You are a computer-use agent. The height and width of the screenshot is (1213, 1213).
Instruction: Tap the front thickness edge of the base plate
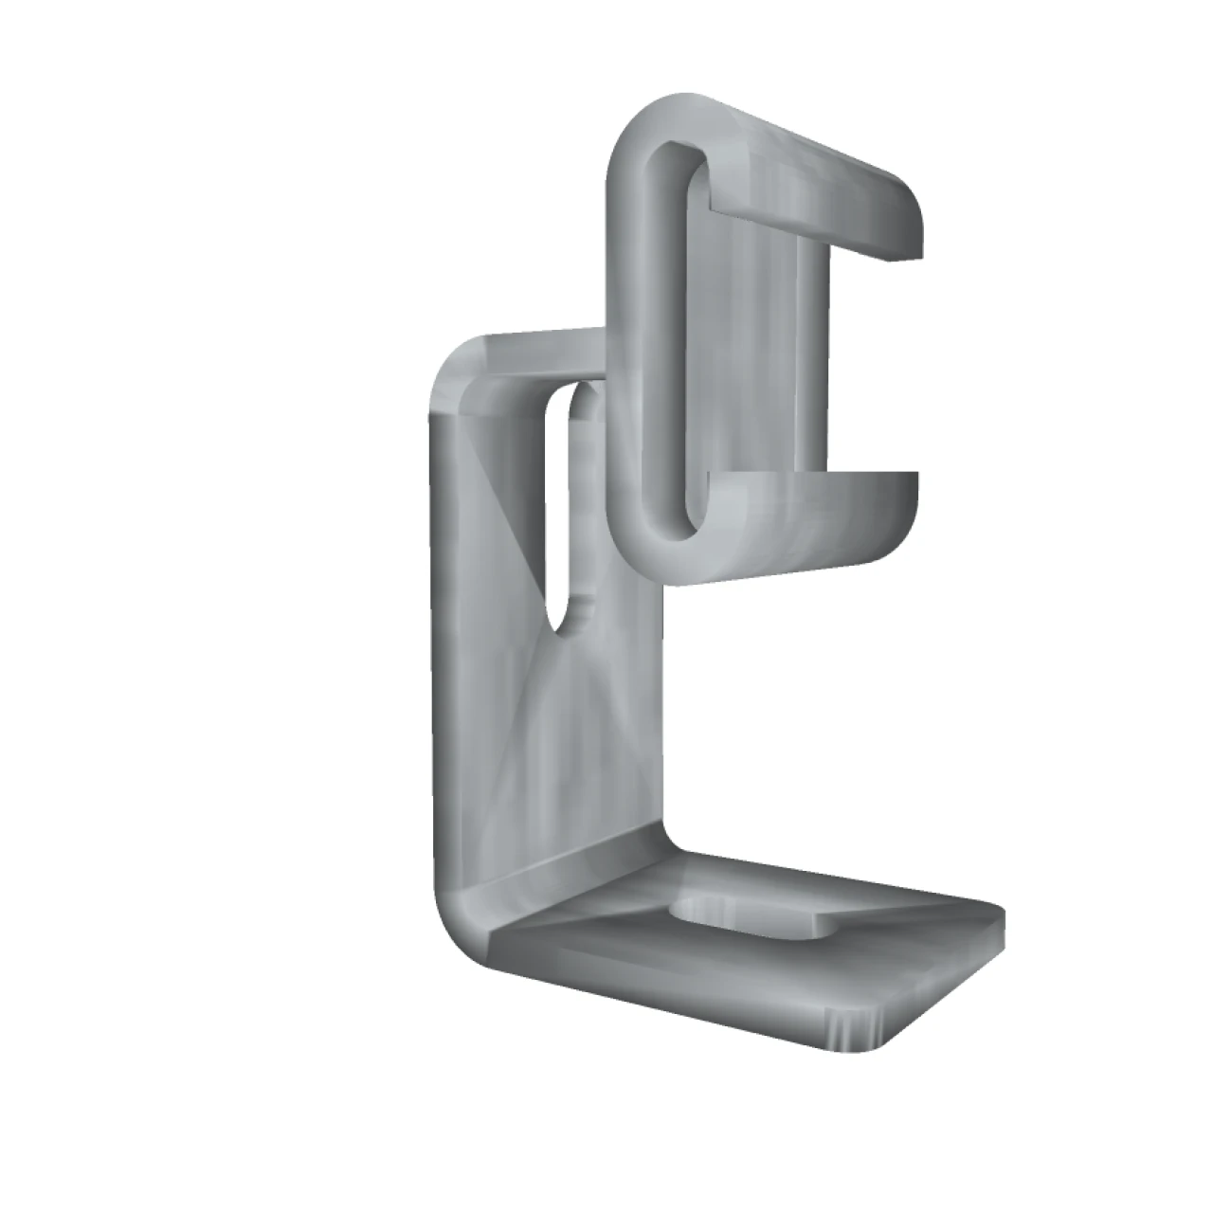click(663, 995)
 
